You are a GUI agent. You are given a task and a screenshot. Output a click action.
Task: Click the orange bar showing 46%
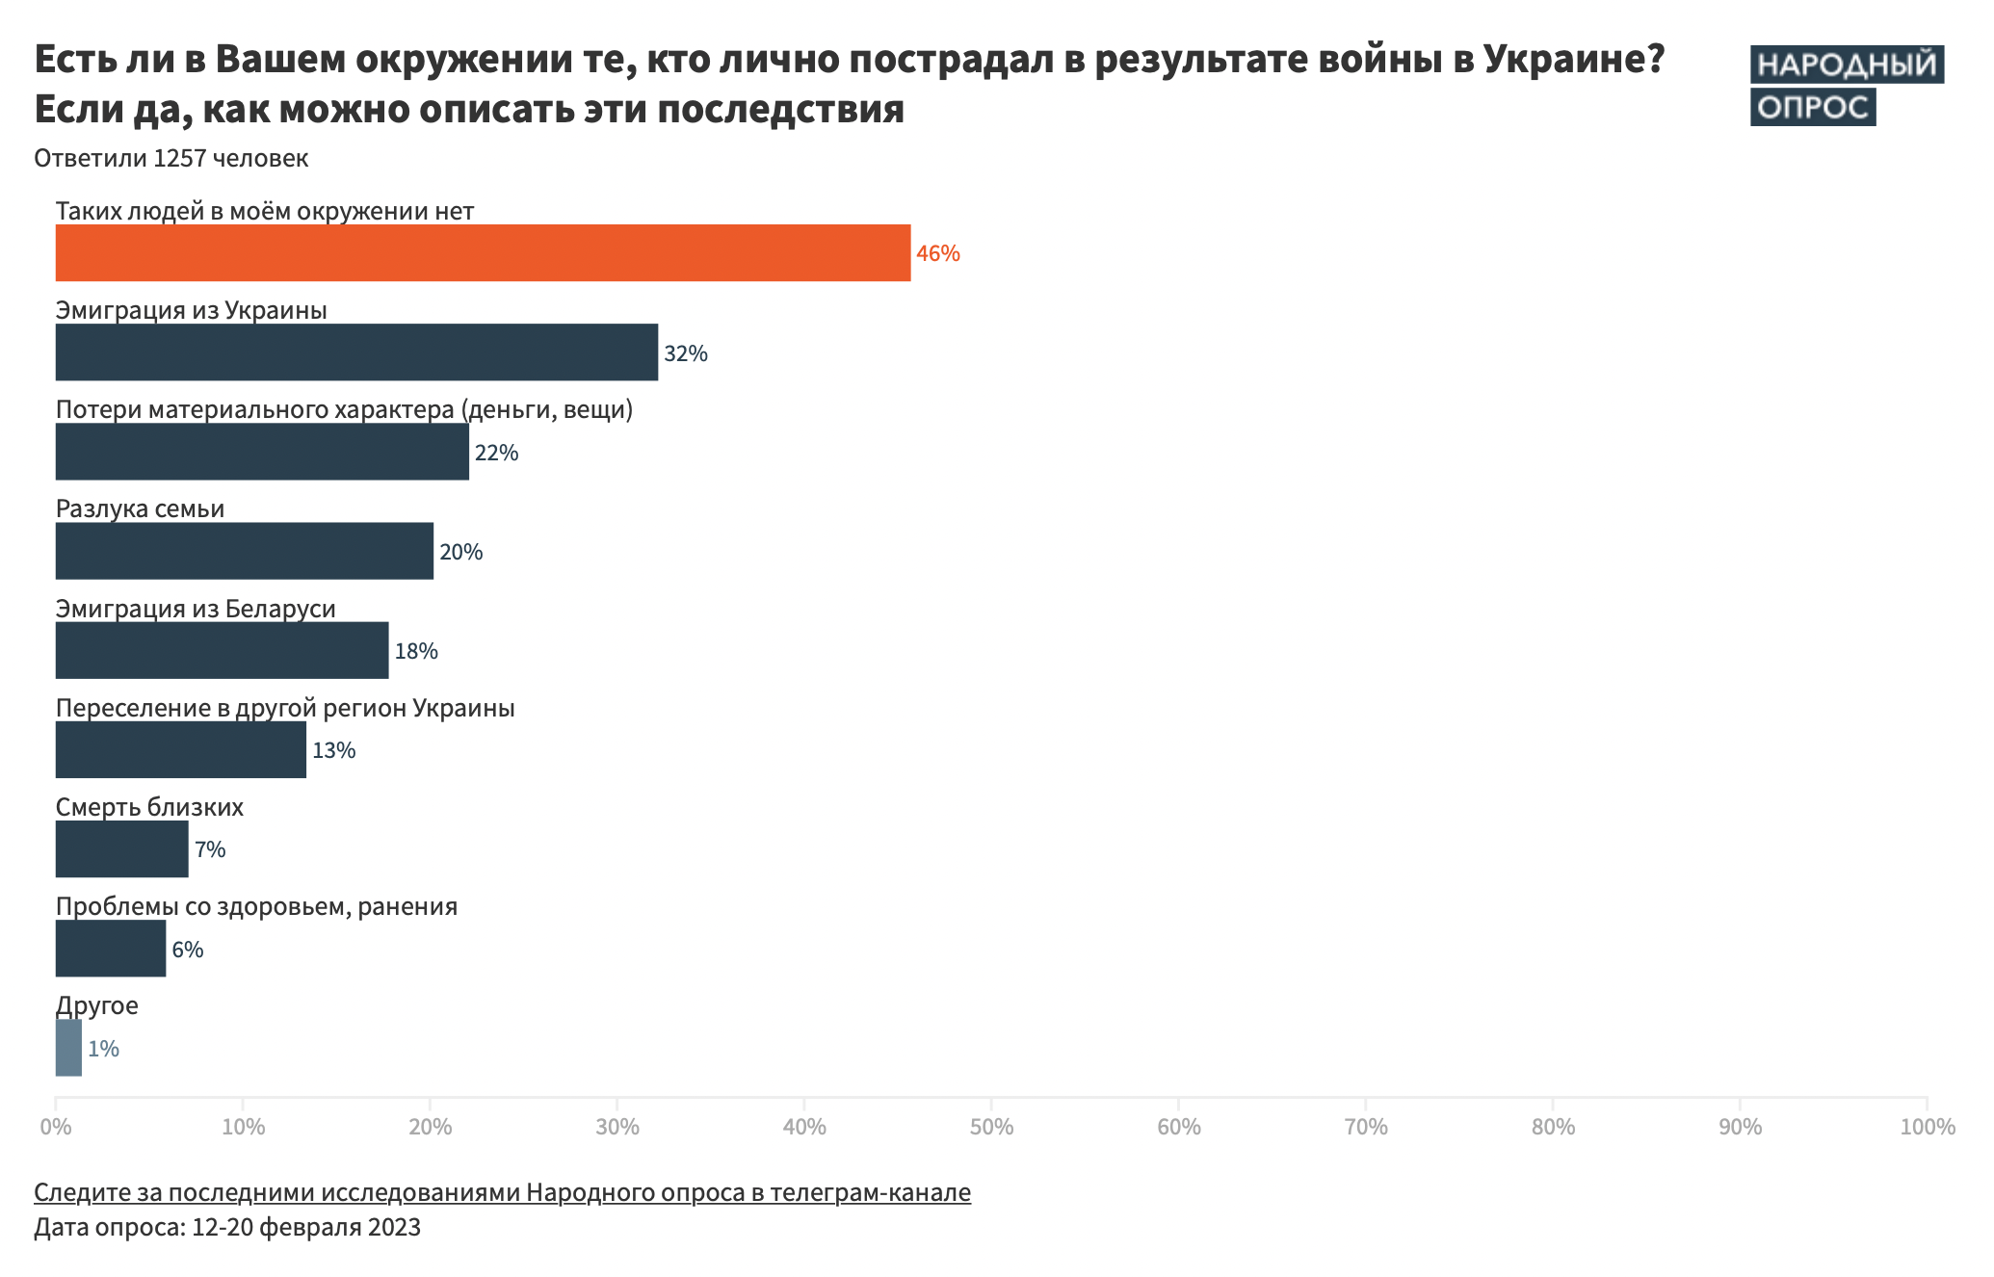tap(482, 253)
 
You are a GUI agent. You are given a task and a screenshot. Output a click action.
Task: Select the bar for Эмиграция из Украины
tap(356, 352)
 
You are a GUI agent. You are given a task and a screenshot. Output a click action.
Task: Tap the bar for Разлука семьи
tap(245, 551)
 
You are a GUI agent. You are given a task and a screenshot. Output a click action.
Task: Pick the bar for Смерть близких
tap(121, 848)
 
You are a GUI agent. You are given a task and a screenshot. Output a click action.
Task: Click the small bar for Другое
tap(68, 1048)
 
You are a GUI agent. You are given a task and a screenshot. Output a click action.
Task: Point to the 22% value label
tap(496, 453)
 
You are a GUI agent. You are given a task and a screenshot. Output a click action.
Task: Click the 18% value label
tap(416, 651)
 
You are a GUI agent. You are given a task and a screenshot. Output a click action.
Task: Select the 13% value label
tap(333, 750)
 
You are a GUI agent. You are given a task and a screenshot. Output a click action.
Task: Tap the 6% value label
tap(187, 950)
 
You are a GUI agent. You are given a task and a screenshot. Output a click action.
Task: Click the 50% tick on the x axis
tap(991, 1127)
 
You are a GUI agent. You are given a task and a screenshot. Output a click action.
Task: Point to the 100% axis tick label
tap(1927, 1127)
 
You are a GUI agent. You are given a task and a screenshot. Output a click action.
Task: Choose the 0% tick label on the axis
tap(56, 1127)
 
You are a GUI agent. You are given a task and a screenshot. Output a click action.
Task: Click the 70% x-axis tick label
tap(1365, 1127)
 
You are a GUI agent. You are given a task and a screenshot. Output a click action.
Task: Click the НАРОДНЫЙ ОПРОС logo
tap(1845, 85)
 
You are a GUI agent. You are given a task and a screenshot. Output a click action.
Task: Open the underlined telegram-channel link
tap(502, 1192)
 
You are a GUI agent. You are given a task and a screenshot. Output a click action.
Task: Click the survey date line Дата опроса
tap(227, 1228)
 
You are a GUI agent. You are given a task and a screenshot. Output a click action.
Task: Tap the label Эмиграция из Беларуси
tap(196, 609)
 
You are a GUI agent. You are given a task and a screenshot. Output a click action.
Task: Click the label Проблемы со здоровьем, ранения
tap(256, 906)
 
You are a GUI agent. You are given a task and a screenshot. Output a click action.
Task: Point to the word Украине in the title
tap(1573, 60)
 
